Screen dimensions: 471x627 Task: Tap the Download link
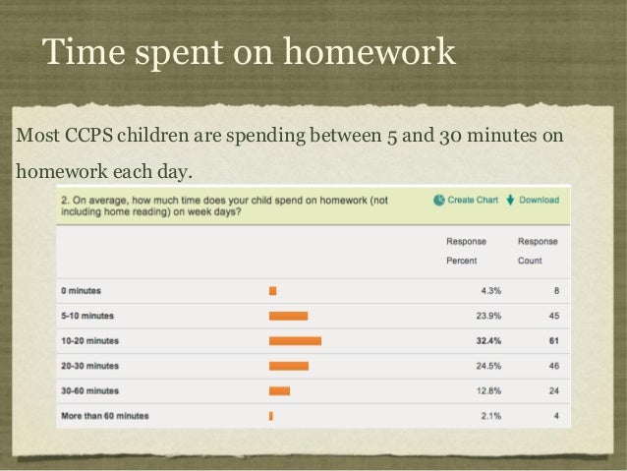pos(533,200)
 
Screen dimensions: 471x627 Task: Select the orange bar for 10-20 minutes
pos(295,341)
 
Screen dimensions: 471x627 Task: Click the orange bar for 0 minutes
pos(272,291)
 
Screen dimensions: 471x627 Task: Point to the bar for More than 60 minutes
pos(271,416)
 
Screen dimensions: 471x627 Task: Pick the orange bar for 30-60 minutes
pos(279,391)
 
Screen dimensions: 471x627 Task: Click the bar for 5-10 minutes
pos(288,317)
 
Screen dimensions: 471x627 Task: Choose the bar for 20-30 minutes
pos(289,366)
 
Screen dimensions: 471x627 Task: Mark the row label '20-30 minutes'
pos(89,366)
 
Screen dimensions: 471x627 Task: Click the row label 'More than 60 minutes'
pos(104,416)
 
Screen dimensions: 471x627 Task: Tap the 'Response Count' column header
pos(538,251)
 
